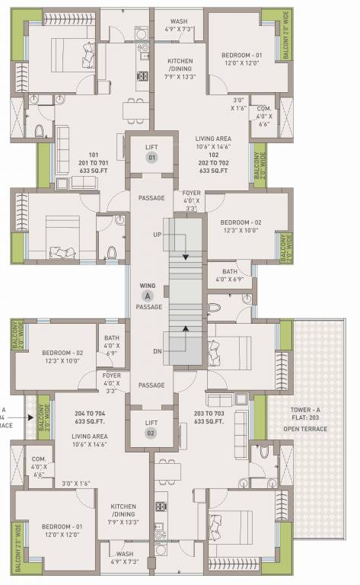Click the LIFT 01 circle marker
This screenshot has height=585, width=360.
pyautogui.click(x=151, y=158)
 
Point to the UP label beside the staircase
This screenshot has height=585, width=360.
pyautogui.click(x=158, y=234)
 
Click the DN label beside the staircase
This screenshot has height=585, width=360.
pyautogui.click(x=158, y=350)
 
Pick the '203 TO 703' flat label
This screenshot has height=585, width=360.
pyautogui.click(x=211, y=412)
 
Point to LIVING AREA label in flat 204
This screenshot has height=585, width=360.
pyautogui.click(x=89, y=436)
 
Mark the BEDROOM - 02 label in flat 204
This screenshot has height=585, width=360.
pyautogui.click(x=62, y=353)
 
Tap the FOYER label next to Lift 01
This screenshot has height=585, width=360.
pyautogui.click(x=191, y=193)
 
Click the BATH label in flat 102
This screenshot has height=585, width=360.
pyautogui.click(x=230, y=271)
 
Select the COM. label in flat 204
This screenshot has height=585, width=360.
pyautogui.click(x=37, y=459)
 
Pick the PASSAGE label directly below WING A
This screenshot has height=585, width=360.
pyautogui.click(x=149, y=306)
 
